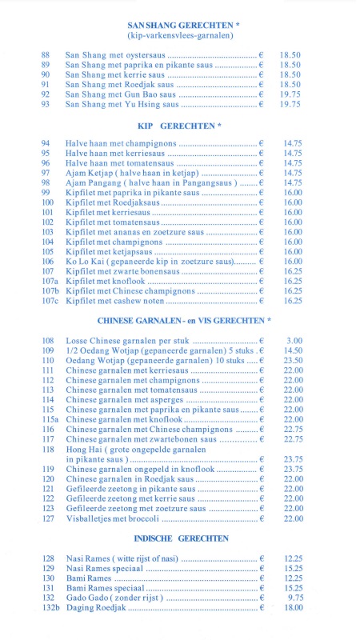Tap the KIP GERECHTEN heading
pyautogui.click(x=179, y=126)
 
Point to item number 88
pyautogui.click(x=46, y=55)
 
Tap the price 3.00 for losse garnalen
pyautogui.click(x=294, y=341)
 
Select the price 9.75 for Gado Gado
pyautogui.click(x=294, y=597)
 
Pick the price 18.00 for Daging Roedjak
pyautogui.click(x=293, y=607)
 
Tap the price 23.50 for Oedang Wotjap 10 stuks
pyautogui.click(x=293, y=361)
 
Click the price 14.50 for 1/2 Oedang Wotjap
pyautogui.click(x=293, y=350)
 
